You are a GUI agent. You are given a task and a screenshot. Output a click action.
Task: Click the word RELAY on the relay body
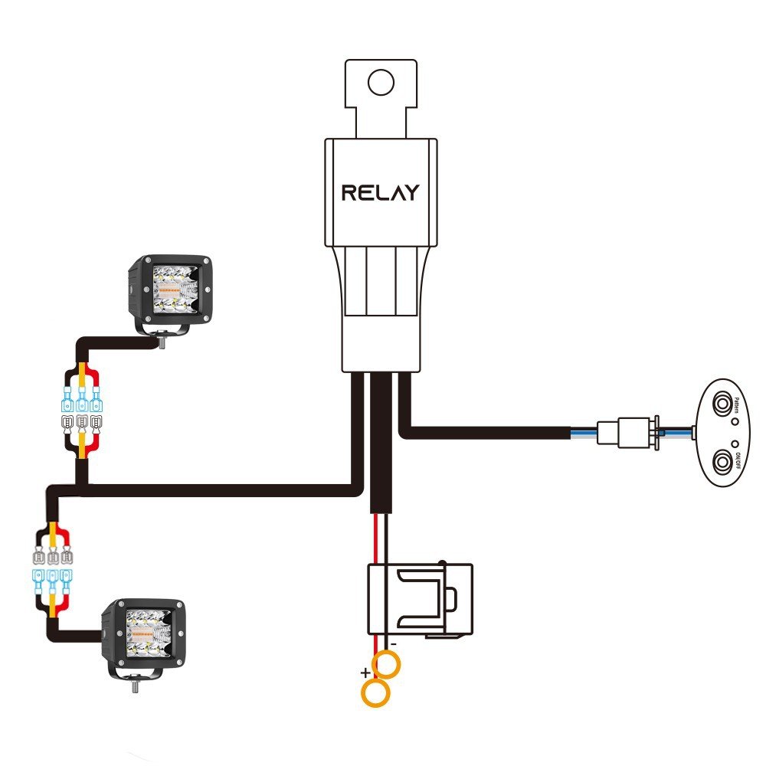[381, 192]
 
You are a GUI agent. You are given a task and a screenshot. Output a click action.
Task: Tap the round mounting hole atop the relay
[381, 80]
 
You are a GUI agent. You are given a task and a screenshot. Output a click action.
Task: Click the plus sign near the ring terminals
[366, 673]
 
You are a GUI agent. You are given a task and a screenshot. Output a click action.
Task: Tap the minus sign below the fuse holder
[393, 645]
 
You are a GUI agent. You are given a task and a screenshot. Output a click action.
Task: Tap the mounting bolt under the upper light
[164, 344]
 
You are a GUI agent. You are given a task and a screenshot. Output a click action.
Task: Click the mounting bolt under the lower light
[136, 686]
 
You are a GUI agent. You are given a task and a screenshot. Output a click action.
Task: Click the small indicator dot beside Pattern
[735, 421]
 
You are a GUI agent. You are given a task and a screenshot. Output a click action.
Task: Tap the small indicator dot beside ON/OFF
[735, 444]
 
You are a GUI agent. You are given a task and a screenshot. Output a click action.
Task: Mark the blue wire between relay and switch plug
[586, 435]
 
